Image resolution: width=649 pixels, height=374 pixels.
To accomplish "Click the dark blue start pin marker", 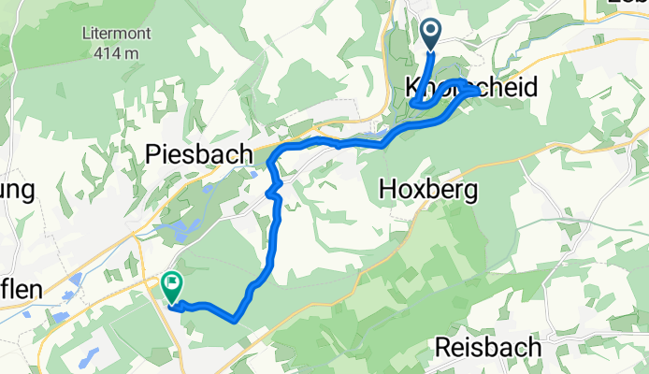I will click(432, 35).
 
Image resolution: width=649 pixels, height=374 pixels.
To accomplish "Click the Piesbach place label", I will click(200, 153).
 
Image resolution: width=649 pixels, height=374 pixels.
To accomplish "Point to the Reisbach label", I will click(488, 348).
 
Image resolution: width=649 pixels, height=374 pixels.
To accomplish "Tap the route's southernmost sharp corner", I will click(234, 321).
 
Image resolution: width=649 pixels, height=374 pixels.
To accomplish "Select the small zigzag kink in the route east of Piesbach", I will click(272, 193).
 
